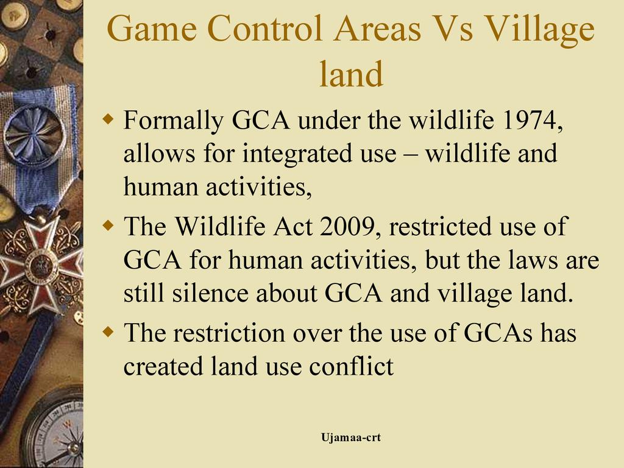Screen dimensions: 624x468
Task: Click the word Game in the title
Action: (x=152, y=28)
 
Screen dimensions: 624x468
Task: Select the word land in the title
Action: (x=352, y=74)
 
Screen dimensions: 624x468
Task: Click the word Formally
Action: (x=173, y=120)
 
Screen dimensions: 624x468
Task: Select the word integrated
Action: (x=297, y=154)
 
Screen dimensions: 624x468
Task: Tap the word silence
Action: (x=210, y=293)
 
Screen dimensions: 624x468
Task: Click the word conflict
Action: (x=352, y=366)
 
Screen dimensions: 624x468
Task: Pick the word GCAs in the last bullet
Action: (x=498, y=333)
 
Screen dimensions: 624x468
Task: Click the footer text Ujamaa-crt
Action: (x=351, y=438)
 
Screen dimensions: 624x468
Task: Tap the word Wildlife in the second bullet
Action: (x=220, y=227)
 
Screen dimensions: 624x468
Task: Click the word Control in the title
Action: (x=264, y=28)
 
